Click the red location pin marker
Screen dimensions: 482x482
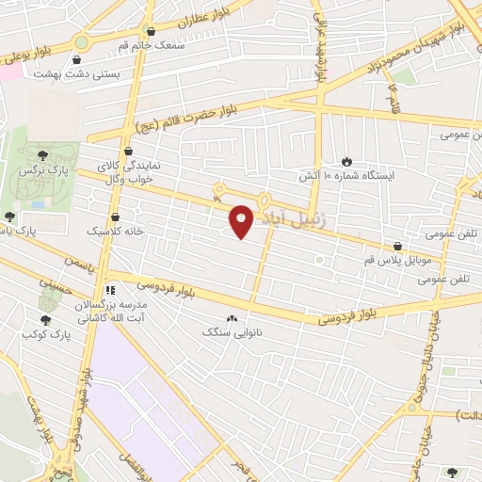point(243,221)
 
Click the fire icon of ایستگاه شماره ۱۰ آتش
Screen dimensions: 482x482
point(345,161)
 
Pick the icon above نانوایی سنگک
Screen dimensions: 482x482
point(232,318)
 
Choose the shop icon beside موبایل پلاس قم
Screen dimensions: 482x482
point(399,247)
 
